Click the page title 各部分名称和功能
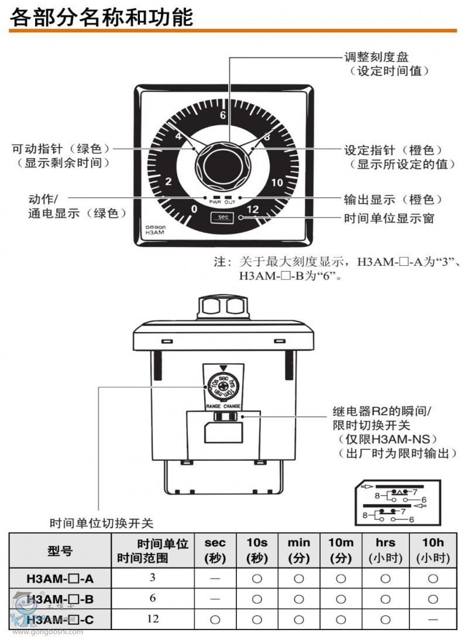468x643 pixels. pyautogui.click(x=101, y=17)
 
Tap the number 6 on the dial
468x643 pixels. pyautogui.click(x=222, y=115)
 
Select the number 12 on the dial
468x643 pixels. pyautogui.click(x=253, y=209)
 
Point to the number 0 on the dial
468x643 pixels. pyautogui.click(x=194, y=209)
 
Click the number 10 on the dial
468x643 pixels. pyautogui.click(x=277, y=182)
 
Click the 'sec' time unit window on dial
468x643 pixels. pyautogui.click(x=222, y=217)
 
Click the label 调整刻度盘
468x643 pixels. pyautogui.click(x=376, y=57)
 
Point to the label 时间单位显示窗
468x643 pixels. pyautogui.click(x=389, y=218)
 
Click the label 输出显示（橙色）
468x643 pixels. pyautogui.click(x=393, y=200)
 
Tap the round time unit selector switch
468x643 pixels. pyautogui.click(x=222, y=387)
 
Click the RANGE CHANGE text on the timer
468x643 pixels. pyautogui.click(x=222, y=406)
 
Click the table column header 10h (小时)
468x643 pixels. pyautogui.click(x=432, y=550)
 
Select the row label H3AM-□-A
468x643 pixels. pyautogui.click(x=60, y=579)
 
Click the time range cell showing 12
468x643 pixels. pyautogui.click(x=153, y=618)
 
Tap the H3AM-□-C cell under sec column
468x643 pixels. pyautogui.click(x=215, y=618)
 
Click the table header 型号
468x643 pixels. pyautogui.click(x=60, y=550)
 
